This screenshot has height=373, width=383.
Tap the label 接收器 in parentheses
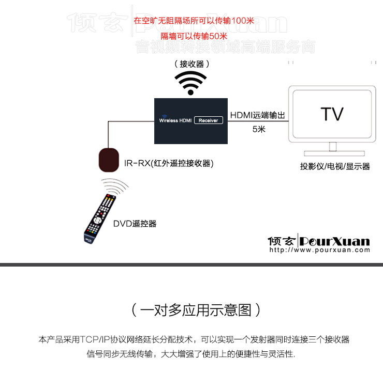[192, 64]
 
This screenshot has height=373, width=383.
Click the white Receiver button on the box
[208, 120]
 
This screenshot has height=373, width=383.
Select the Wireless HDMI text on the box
[175, 120]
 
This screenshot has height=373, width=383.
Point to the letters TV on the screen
[331, 114]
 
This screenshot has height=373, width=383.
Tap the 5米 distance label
[258, 129]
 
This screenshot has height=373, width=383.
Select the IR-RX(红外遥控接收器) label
[169, 163]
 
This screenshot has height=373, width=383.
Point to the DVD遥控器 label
[135, 224]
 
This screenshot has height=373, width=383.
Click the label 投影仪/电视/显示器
[335, 166]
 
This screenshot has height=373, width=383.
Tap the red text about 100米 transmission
[194, 21]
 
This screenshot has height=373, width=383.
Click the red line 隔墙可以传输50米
[194, 36]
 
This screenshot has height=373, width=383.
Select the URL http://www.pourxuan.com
[319, 250]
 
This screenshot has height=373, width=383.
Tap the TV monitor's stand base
[331, 154]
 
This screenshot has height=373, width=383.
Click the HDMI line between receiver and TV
[258, 122]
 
